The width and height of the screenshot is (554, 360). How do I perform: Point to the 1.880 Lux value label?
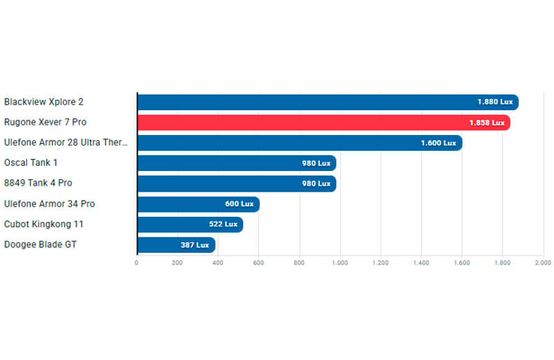[x=495, y=102]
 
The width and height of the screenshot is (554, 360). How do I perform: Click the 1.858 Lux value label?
[x=487, y=123]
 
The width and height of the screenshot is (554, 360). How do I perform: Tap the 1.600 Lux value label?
[x=438, y=143]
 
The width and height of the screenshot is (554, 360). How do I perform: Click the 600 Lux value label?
[x=239, y=204]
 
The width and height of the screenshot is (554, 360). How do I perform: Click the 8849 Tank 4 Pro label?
[x=38, y=183]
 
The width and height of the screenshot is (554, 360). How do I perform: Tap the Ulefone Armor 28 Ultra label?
[x=66, y=143]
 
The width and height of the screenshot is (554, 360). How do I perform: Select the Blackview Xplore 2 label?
[x=44, y=102]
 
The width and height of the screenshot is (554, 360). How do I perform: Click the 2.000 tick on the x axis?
[x=543, y=263]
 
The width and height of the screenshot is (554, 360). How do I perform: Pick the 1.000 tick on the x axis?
[x=340, y=263]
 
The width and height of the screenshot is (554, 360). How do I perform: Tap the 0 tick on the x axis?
[x=136, y=263]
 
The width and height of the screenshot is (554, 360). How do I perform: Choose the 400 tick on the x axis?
[x=217, y=263]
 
